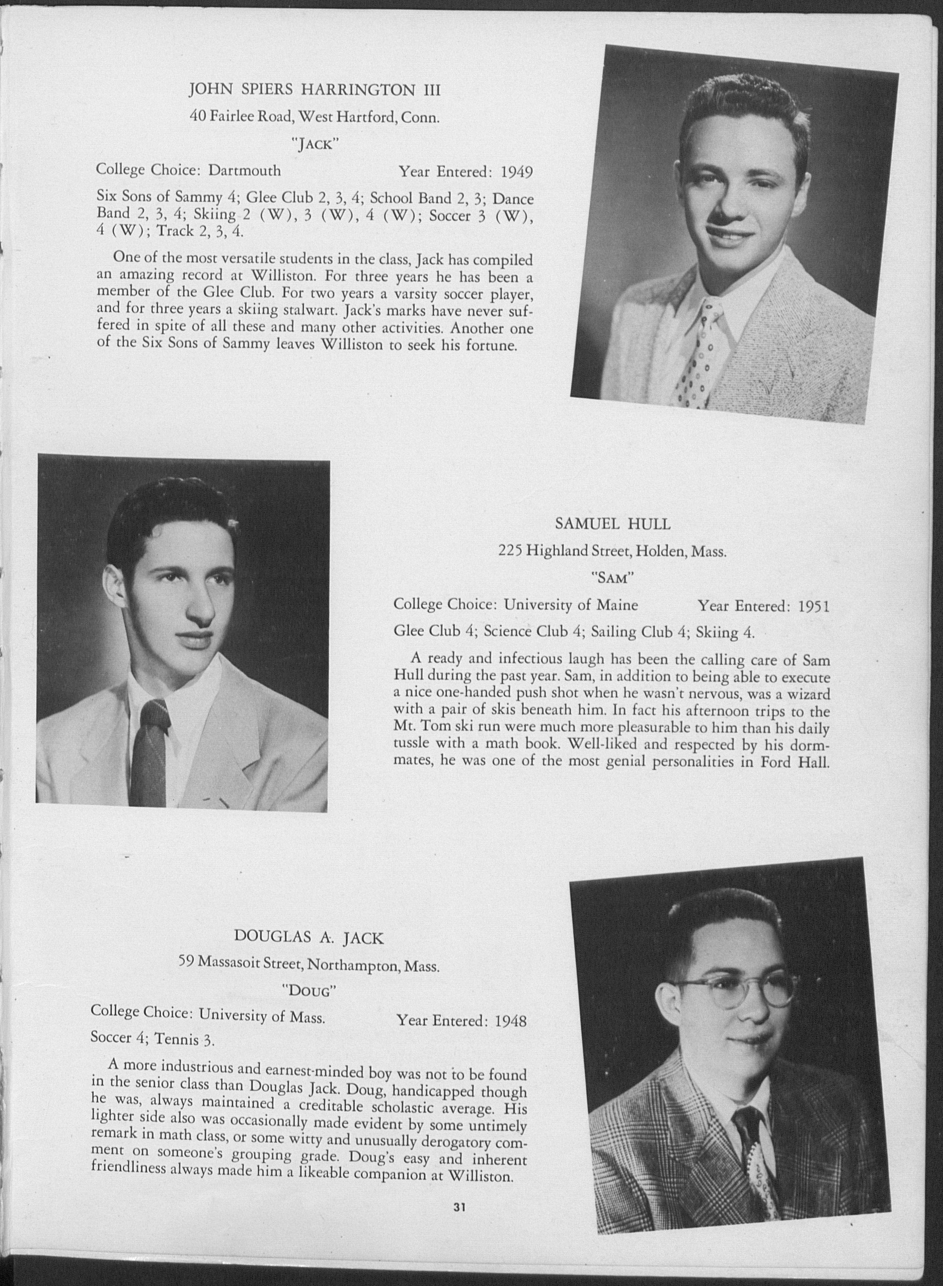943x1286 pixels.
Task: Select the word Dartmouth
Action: pyautogui.click(x=244, y=170)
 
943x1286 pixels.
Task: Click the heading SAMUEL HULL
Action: pyautogui.click(x=613, y=523)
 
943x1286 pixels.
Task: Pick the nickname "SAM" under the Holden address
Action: pyautogui.click(x=613, y=578)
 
